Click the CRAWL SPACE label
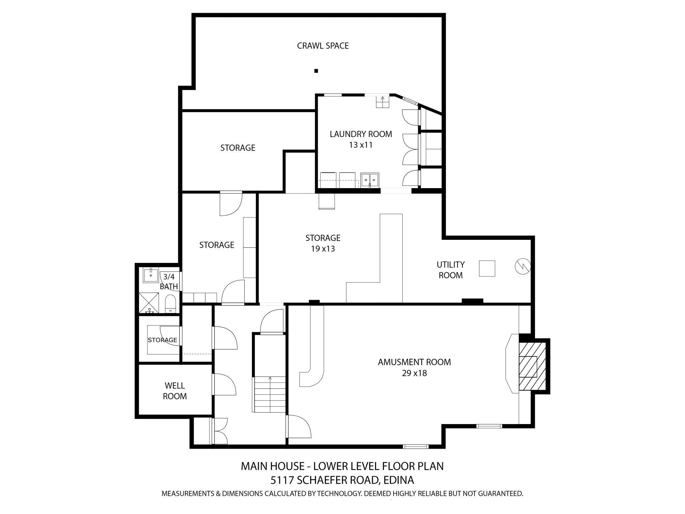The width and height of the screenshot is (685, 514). (x=322, y=46)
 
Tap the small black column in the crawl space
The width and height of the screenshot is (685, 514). (x=316, y=71)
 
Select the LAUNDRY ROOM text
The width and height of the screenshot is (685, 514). (x=361, y=134)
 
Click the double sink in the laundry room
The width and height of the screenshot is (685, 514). (x=370, y=180)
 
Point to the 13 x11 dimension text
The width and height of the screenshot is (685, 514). (x=361, y=145)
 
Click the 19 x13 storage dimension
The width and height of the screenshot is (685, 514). (x=323, y=249)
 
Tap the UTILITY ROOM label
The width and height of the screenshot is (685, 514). (x=451, y=270)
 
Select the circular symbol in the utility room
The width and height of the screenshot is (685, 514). (x=523, y=266)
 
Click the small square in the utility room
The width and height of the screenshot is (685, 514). (x=487, y=269)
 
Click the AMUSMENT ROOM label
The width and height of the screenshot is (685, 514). (x=414, y=362)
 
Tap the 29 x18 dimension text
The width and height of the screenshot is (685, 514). (x=414, y=373)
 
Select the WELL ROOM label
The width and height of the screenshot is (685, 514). (x=175, y=391)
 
